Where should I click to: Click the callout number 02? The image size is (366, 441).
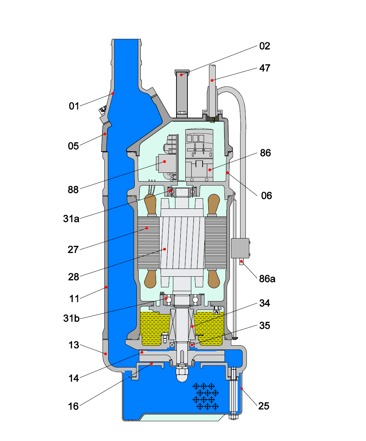coord(265,46)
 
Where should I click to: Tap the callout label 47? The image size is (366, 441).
coord(265,68)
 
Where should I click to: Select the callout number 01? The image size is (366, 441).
coord(74,106)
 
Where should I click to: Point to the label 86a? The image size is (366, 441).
coord(267,279)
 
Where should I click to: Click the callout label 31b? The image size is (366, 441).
coord(71,318)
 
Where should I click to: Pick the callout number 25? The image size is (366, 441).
coord(263,406)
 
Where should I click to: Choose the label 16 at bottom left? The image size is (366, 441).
coord(73,406)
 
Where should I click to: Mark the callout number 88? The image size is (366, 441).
coord(73,190)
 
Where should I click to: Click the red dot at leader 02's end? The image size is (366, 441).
coord(182,75)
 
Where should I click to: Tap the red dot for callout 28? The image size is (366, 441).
coord(164,249)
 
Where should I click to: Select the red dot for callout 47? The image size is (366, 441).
coord(212,81)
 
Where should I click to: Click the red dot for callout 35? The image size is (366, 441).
coord(192,345)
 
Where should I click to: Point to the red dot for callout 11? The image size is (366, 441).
coord(106,287)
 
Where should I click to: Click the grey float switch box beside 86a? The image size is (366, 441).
coord(240,248)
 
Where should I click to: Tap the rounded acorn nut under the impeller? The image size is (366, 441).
coord(182,377)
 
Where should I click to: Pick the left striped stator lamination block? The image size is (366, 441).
coord(148,243)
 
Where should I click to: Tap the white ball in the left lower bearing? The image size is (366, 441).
coord(169,300)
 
